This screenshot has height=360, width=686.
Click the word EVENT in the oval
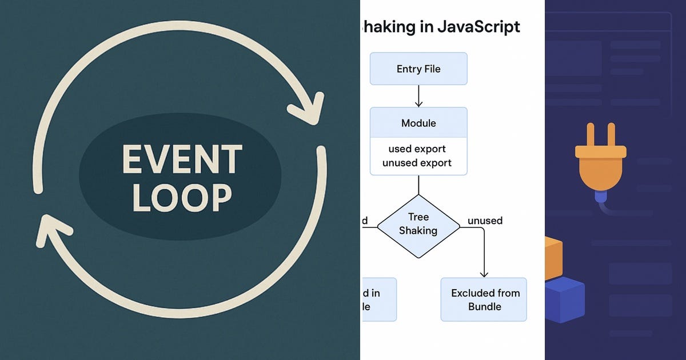tap(182, 159)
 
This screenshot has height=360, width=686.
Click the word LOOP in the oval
tap(182, 197)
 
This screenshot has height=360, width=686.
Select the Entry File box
tap(418, 69)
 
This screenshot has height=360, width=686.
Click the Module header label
tap(418, 123)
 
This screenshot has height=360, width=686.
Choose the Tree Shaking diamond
tap(418, 224)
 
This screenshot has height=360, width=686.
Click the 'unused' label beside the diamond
tap(485, 221)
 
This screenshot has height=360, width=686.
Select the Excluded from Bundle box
tap(484, 299)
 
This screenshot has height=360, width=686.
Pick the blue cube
tap(563, 300)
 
